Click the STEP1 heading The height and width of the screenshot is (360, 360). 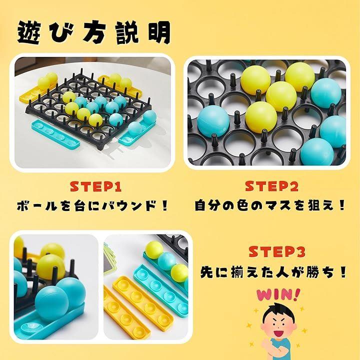[x=95, y=186]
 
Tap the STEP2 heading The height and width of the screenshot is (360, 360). [x=272, y=186]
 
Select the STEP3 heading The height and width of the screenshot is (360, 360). [x=277, y=251]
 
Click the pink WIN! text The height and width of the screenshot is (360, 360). [x=278, y=295]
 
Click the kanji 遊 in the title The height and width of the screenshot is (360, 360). [x=29, y=32]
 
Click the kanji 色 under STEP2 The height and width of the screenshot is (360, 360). [x=237, y=205]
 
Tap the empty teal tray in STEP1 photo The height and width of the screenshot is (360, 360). [x=55, y=133]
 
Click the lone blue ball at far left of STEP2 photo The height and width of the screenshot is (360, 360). [x=213, y=121]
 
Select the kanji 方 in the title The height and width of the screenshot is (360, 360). [x=94, y=32]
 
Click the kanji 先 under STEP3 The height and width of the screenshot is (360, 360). [x=207, y=272]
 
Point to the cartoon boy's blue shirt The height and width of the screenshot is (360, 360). [x=280, y=349]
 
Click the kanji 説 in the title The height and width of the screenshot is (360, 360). [x=126, y=32]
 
